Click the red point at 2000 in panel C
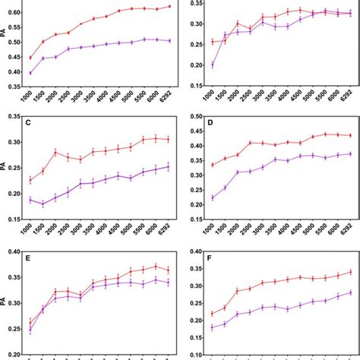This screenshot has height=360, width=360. point(55,152)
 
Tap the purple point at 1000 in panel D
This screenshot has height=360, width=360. point(211,197)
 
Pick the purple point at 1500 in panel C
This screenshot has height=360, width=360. point(43,204)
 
